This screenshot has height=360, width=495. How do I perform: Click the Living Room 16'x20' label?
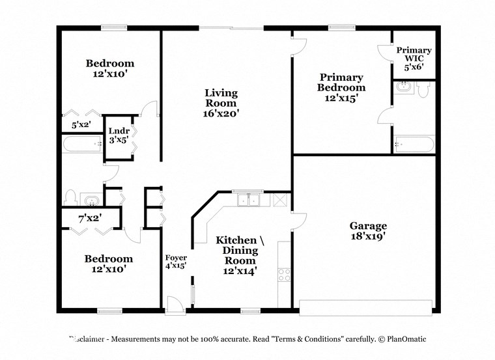point(221,102)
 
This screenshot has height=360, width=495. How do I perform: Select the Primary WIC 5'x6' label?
point(414,59)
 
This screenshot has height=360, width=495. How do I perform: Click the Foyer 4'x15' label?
point(176,260)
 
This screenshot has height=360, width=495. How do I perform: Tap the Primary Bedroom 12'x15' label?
point(341,87)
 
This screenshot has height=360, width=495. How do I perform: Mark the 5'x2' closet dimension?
point(81,124)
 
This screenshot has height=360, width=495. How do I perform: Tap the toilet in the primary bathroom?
point(424,89)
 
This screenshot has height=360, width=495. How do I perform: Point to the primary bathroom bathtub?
point(414,144)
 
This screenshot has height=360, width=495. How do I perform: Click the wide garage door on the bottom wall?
point(365,304)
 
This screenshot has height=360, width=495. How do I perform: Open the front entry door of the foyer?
point(174,304)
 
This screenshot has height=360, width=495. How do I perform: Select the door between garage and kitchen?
point(298,221)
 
